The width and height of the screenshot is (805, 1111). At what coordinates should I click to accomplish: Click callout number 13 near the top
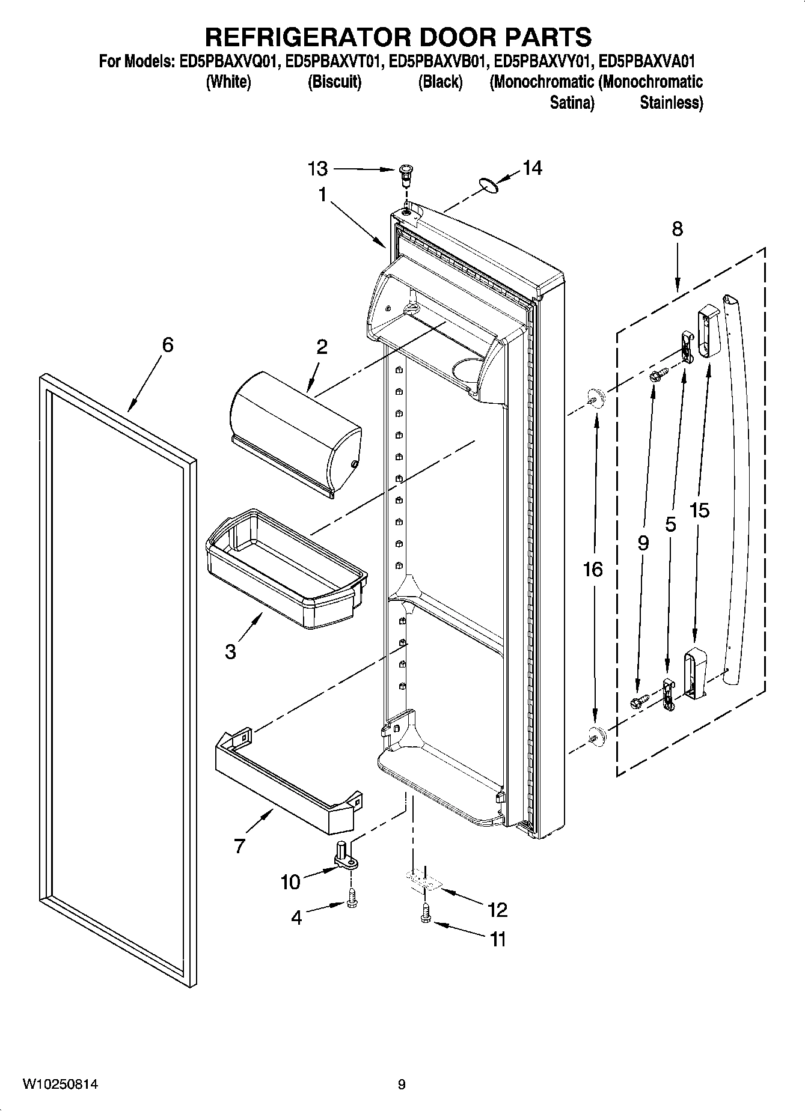point(317,169)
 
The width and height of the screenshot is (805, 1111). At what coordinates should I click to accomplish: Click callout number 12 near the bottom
point(498,910)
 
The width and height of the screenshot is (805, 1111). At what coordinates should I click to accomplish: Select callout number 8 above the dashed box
point(677,229)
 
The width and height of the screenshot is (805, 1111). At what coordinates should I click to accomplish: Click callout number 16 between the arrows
point(593,568)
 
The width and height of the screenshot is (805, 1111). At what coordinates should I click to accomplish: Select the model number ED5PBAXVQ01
point(228,61)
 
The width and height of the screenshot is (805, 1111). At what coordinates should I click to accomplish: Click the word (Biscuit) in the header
point(334,82)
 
